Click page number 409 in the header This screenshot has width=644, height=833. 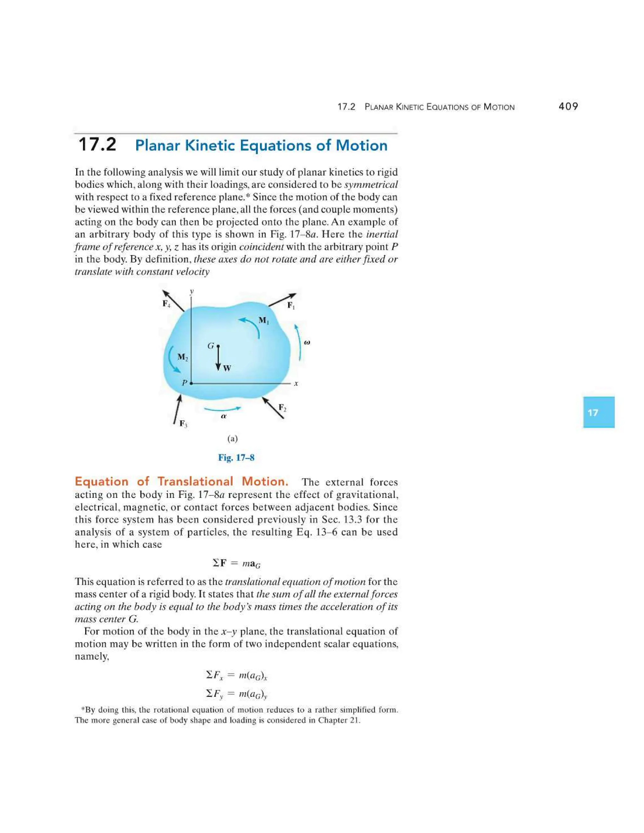568,107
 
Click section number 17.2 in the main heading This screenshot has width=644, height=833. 97,145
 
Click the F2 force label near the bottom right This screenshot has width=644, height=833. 282,408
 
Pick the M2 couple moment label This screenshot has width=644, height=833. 182,357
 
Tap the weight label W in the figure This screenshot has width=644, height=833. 227,368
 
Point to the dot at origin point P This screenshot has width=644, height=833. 191,383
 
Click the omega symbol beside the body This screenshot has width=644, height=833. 308,343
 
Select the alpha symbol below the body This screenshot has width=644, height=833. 224,416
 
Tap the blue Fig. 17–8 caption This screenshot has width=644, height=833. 236,457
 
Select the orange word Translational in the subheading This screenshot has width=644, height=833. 195,481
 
